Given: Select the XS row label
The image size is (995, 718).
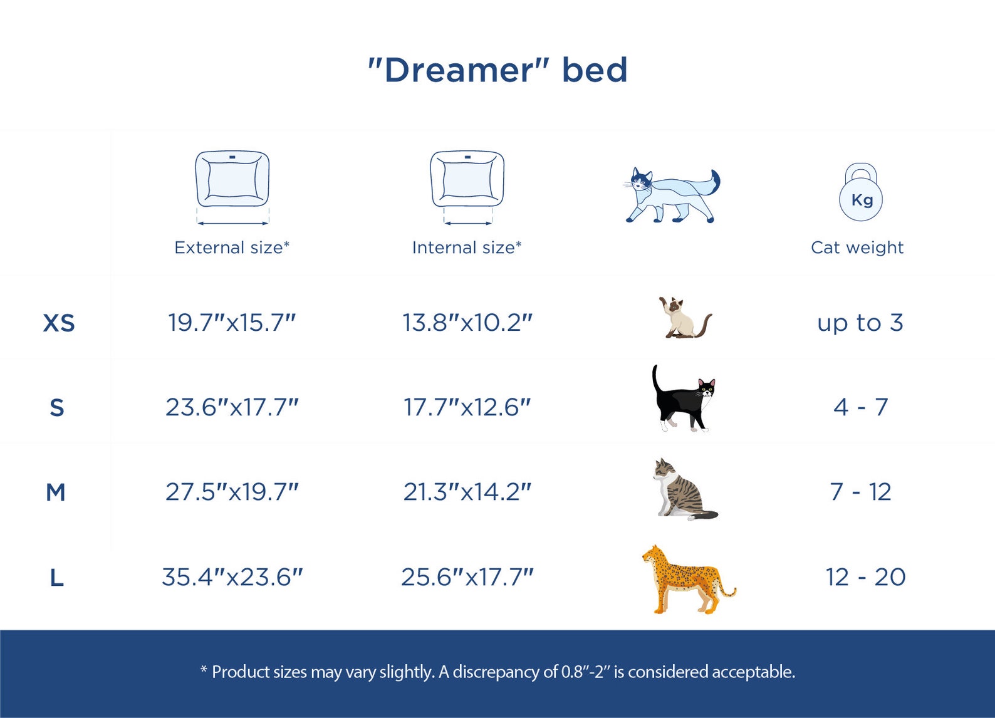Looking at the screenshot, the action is (x=59, y=323).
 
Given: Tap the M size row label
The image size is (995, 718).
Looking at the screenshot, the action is (x=56, y=492).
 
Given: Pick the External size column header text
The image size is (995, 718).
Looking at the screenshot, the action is (x=232, y=247).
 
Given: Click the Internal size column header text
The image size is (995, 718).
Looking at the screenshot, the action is (x=467, y=247).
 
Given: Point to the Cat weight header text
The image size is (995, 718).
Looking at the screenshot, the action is (x=857, y=247).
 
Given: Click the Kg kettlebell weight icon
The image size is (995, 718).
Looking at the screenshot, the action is (x=861, y=192).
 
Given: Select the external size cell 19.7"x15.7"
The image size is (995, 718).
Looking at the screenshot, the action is (x=232, y=323).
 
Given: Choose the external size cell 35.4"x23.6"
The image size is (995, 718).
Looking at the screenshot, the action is (x=232, y=577).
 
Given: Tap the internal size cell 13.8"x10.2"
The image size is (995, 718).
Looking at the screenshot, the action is (x=467, y=323).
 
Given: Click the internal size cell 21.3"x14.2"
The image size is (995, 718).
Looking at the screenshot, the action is (x=467, y=492).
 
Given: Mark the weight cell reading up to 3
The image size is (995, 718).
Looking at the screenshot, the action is (x=860, y=323).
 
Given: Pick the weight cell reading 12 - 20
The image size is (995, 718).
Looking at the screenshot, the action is (x=865, y=577).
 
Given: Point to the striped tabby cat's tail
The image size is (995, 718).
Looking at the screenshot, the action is (x=702, y=515).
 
